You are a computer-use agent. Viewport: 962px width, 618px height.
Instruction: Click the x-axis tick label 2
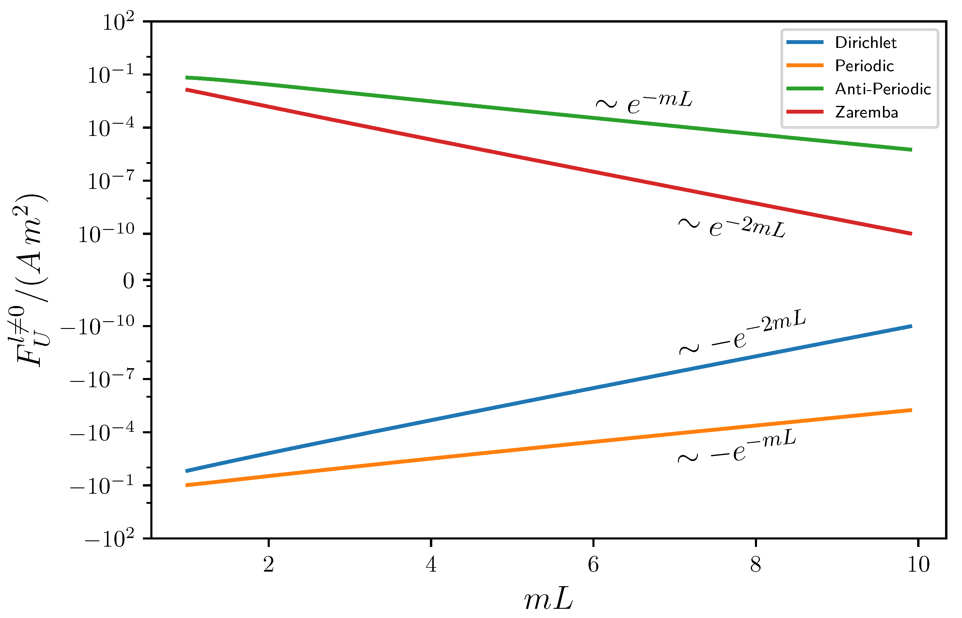pyautogui.click(x=269, y=565)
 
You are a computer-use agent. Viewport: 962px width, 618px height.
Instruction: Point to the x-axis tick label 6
pyautogui.click(x=593, y=565)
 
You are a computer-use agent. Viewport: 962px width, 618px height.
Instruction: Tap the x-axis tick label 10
pyautogui.click(x=918, y=565)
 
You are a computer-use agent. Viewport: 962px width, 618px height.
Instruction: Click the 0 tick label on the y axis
pyautogui.click(x=128, y=281)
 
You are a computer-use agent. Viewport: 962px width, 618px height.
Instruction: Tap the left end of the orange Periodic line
pyautogui.click(x=187, y=485)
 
